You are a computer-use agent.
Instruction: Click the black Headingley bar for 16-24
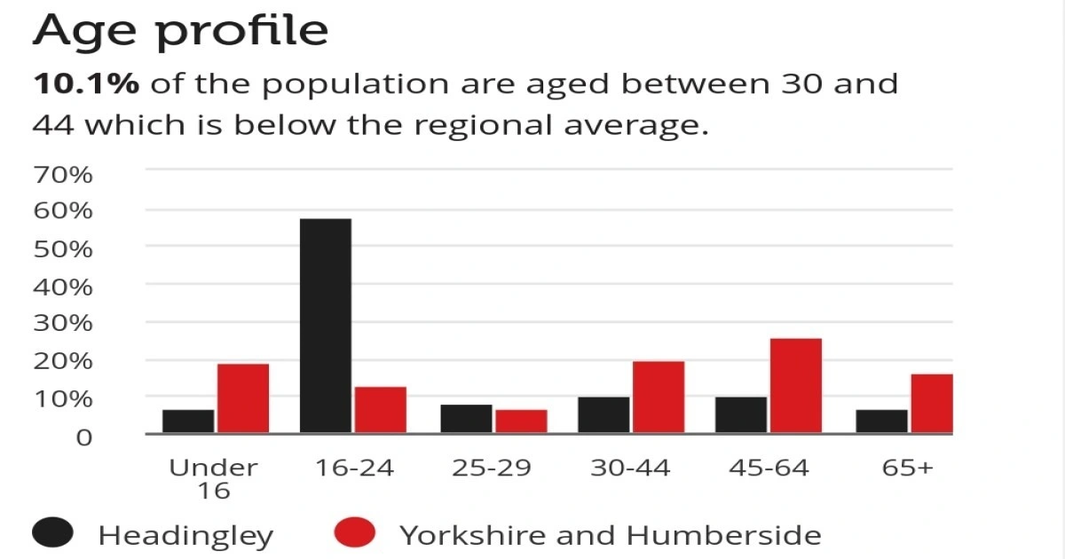[326, 326]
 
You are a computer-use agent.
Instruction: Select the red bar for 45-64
[795, 386]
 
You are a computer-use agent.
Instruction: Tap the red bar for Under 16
[242, 398]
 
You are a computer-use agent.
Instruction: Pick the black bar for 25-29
[466, 419]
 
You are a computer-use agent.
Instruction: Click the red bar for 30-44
[658, 398]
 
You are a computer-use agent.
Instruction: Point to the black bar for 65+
[881, 421]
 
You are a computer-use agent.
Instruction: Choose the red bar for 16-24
[380, 410]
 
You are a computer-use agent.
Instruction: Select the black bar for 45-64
[741, 415]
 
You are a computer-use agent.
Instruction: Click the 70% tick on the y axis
[62, 174]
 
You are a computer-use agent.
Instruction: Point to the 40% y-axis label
[62, 287]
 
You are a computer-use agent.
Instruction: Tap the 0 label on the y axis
[83, 437]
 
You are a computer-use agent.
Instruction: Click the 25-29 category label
[493, 468]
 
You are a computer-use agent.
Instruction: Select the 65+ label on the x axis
[907, 468]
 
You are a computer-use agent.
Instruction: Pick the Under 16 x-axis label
[213, 478]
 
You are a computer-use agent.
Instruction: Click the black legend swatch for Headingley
[55, 534]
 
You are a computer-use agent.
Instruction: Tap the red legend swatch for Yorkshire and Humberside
[355, 534]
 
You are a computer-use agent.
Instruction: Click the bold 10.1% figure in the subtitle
[86, 84]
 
